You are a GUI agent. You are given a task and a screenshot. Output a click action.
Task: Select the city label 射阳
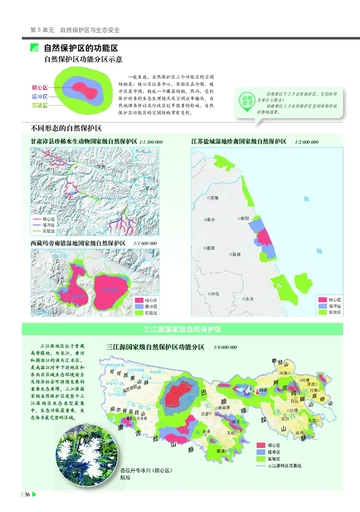point(244,218)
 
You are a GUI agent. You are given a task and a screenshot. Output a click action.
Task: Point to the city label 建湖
point(209,248)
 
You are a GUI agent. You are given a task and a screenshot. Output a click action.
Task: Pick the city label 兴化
point(214,294)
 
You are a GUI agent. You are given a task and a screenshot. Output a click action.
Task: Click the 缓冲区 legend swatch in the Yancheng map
point(322,305)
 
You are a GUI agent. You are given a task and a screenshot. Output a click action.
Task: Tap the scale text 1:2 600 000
point(307,142)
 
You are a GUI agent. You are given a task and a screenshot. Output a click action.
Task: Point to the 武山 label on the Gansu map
point(150,189)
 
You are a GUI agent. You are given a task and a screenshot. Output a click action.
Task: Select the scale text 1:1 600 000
point(145,243)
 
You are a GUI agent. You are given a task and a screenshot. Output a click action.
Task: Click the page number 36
point(27,495)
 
